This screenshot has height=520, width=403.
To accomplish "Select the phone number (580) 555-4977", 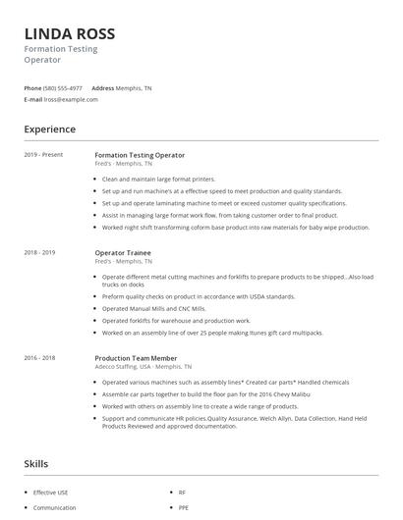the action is [x=63, y=87].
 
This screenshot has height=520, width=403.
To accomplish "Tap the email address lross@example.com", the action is [x=71, y=99].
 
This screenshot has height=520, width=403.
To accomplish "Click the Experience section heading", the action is [x=49, y=130].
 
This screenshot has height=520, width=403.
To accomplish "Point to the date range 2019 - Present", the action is [x=43, y=155].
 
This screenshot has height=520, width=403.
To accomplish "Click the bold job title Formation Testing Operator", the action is [x=140, y=155].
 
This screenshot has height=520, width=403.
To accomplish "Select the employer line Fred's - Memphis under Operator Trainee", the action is [x=124, y=262].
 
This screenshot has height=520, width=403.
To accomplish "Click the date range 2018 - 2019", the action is [x=40, y=253].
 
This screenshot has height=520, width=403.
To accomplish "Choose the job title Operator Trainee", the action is [x=124, y=253].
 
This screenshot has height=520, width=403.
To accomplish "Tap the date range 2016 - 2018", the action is [x=40, y=358].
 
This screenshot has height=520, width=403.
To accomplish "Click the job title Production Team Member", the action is [x=138, y=358].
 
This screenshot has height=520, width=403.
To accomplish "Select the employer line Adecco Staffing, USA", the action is [x=138, y=367].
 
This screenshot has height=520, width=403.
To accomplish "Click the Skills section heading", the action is [x=37, y=463].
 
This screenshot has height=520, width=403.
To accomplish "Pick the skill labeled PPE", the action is [x=183, y=507].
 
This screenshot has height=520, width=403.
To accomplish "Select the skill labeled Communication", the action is [x=55, y=507].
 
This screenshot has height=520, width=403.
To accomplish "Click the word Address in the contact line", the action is [x=103, y=87].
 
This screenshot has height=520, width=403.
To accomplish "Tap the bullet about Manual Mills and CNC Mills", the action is [x=153, y=308].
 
